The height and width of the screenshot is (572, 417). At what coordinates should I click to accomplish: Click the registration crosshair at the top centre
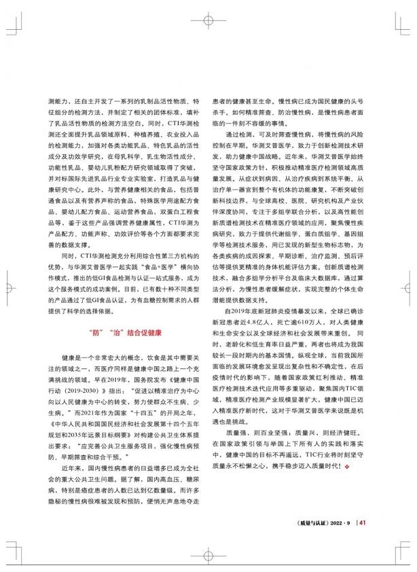click(208, 20)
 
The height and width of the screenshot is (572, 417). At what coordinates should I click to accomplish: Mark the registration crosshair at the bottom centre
click(208, 551)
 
